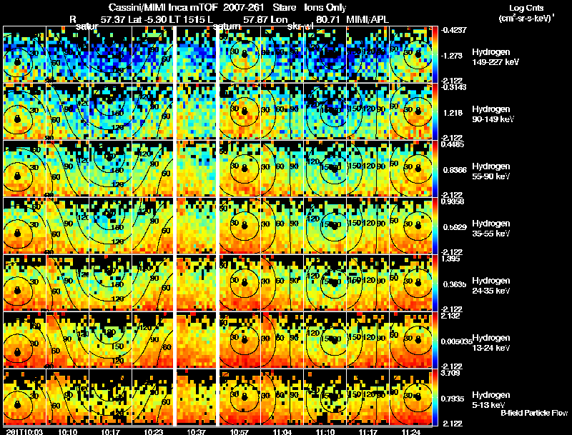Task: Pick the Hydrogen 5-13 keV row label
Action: tap(489, 399)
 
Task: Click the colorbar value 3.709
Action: tap(450, 374)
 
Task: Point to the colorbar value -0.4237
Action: tap(454, 30)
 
